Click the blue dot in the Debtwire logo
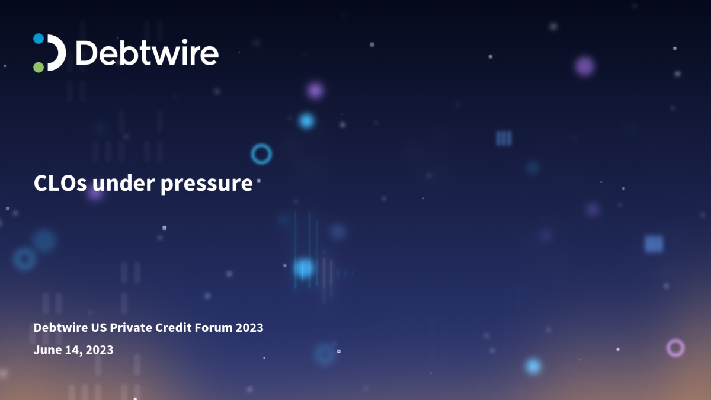point(39,39)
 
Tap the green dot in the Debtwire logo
point(39,68)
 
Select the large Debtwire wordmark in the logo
point(147,53)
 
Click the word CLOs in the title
point(60,184)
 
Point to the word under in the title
point(124,184)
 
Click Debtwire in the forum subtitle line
point(60,328)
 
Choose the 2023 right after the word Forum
point(249,328)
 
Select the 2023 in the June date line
point(100,350)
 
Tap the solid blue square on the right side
point(654,244)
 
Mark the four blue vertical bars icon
point(504,139)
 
